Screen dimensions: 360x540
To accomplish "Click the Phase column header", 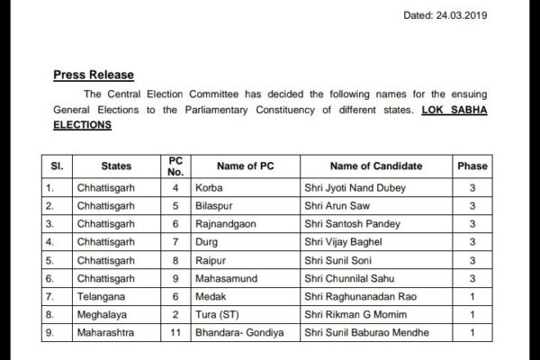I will click(472, 166).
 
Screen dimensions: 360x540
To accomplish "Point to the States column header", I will click(116, 166).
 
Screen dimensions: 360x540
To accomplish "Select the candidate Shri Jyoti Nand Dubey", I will click(355, 188).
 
